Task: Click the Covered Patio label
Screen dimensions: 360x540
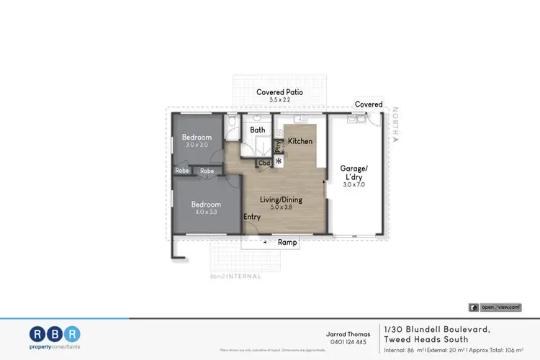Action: click(281, 92)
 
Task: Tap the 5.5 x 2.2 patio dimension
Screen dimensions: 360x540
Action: click(281, 100)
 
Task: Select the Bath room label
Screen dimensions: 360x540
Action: click(258, 130)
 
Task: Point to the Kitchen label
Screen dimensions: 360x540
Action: click(300, 141)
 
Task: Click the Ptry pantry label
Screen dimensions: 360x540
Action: click(278, 146)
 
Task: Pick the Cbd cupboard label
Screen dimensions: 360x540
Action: click(264, 163)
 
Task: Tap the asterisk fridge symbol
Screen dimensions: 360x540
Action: click(278, 161)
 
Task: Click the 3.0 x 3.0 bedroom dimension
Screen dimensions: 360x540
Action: click(196, 145)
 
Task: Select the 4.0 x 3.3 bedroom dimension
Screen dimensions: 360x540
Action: click(206, 212)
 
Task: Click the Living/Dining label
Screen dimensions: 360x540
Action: click(282, 199)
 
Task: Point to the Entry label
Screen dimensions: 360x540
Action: click(252, 217)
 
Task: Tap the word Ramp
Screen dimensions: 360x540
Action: click(288, 243)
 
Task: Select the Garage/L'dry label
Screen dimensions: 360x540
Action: click(354, 173)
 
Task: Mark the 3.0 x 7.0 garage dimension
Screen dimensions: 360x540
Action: click(354, 185)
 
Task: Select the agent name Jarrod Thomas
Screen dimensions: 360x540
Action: click(348, 334)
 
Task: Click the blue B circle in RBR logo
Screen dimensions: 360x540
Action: click(55, 333)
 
